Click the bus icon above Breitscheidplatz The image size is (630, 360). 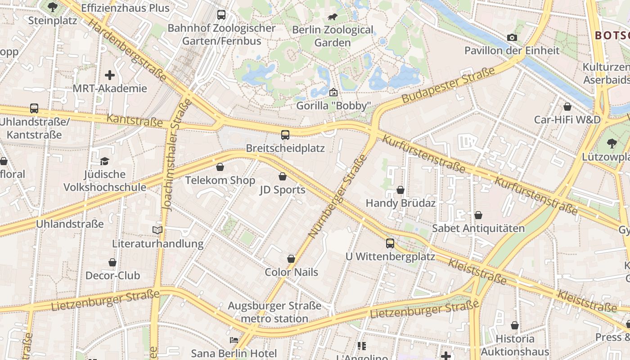pos(285,135)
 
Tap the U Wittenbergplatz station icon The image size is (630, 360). pos(390,243)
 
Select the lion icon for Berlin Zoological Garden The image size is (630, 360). pos(333,17)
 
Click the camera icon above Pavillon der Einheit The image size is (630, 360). pos(512,37)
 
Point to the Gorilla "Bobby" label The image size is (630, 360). pos(333,106)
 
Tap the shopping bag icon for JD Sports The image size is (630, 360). pos(283,176)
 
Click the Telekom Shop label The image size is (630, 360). pos(220,180)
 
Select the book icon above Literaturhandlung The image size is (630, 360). pos(157,230)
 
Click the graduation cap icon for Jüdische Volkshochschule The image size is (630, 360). pos(104,161)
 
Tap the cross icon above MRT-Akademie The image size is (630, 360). pos(110,75)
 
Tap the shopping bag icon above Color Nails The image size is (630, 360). pos(291,259)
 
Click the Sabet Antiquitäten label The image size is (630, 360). pos(478,228)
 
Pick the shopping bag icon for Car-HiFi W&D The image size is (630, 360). pos(567,107)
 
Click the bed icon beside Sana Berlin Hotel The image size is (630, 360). pos(234,340)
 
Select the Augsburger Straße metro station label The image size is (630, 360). pos(274,312)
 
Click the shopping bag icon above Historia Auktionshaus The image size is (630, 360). pos(515,325)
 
